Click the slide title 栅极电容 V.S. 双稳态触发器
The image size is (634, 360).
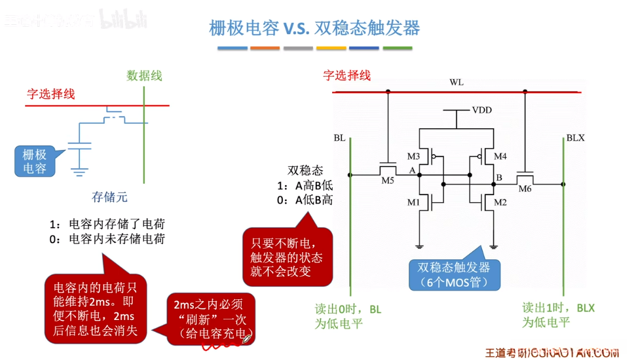click(314, 27)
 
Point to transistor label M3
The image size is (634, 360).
click(413, 156)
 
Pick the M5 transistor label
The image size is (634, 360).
click(387, 181)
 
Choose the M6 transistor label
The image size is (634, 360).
click(525, 189)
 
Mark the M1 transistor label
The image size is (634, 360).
click(413, 202)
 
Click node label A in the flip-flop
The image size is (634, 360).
click(413, 170)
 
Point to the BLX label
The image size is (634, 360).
click(575, 138)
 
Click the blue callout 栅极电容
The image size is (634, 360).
click(35, 161)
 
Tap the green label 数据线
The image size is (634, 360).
click(144, 75)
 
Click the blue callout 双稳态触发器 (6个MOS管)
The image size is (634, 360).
click(453, 275)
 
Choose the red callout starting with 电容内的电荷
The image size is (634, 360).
click(94, 309)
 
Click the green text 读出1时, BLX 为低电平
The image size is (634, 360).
click(558, 314)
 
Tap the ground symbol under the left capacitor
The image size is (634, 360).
click(80, 173)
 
